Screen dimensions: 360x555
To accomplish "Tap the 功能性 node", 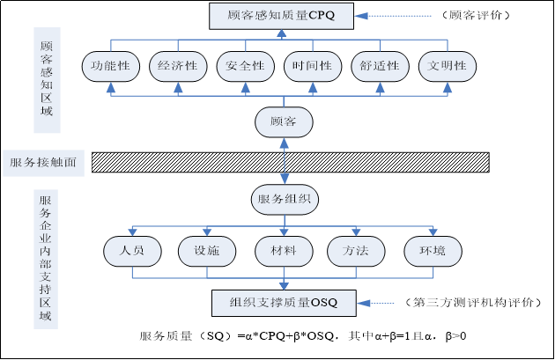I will tap(111, 66).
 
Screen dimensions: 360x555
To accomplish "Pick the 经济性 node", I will tap(178, 66).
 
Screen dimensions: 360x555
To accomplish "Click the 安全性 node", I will tap(245, 66).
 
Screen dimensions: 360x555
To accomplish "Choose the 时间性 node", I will tap(313, 66).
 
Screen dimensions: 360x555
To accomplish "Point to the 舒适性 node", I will tap(381, 66).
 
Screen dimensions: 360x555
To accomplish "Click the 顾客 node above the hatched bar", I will tap(284, 121).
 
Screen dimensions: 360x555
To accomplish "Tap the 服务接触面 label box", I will tap(44, 163).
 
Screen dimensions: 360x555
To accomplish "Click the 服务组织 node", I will tap(285, 199).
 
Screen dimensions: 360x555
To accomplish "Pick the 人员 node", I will tap(131, 251).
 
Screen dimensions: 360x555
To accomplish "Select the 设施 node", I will tap(206, 251).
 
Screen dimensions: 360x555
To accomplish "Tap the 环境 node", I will tap(433, 251).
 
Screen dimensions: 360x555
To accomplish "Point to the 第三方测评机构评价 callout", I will tap(472, 303).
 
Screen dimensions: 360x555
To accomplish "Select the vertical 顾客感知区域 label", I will tap(48, 80).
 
